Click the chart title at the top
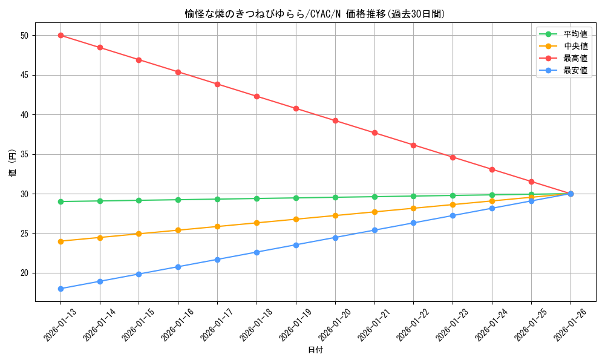[x=315, y=14]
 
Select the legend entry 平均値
[x=575, y=34]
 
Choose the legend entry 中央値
[x=575, y=47]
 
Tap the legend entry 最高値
[x=575, y=59]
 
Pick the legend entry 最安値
[x=575, y=71]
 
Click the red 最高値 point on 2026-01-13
[x=60, y=35]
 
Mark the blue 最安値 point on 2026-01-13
[x=60, y=289]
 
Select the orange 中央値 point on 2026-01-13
[x=60, y=241]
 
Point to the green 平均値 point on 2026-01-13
[x=60, y=201]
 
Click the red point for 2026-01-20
[x=335, y=120]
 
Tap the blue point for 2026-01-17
[x=217, y=260]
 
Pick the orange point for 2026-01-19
[x=296, y=219]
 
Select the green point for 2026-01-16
[x=178, y=200]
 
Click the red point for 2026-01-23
[x=453, y=157]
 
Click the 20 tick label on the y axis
[x=25, y=273]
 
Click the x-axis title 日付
[x=315, y=350]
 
